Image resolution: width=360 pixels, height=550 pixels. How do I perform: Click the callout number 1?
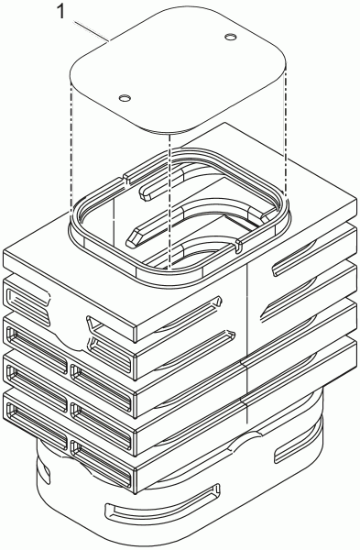point(60,12)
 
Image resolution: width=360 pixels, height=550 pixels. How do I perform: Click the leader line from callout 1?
point(91,32)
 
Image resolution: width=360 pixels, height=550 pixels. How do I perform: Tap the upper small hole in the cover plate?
point(230,37)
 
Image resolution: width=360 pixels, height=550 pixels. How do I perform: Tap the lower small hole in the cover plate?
point(124,98)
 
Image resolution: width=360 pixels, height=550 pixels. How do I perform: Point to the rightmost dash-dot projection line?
point(287,134)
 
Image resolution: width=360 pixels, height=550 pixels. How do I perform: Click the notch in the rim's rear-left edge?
point(125,178)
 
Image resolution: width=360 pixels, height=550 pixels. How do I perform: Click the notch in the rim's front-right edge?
point(237,246)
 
